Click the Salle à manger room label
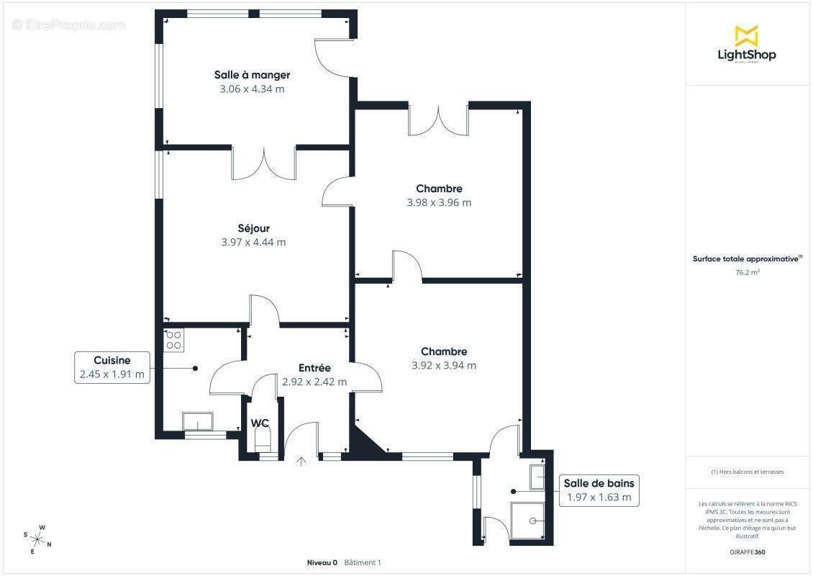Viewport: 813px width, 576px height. [x=252, y=75]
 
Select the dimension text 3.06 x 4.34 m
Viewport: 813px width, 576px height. [x=252, y=89]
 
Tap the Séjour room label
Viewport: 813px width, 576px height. [x=253, y=228]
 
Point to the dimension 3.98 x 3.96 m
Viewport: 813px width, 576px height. [x=439, y=202]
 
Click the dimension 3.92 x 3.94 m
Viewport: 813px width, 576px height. [x=444, y=365]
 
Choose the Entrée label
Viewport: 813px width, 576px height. [x=314, y=368]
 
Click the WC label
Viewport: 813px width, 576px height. [x=260, y=423]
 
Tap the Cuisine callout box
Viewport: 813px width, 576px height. [x=112, y=367]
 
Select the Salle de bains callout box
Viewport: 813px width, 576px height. [x=599, y=490]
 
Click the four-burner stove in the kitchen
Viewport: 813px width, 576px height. [x=173, y=341]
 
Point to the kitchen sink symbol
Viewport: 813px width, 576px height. [x=198, y=421]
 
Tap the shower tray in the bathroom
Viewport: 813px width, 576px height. [x=527, y=521]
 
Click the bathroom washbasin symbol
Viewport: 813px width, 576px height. [x=537, y=477]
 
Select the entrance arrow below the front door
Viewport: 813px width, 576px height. [x=301, y=461]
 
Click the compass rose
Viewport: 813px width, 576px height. [x=37, y=540]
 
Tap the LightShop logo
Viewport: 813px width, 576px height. [x=747, y=44]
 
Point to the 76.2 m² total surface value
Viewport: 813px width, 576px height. [x=747, y=272]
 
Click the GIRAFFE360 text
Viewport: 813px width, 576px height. [x=747, y=552]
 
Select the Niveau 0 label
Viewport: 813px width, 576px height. [x=322, y=562]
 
